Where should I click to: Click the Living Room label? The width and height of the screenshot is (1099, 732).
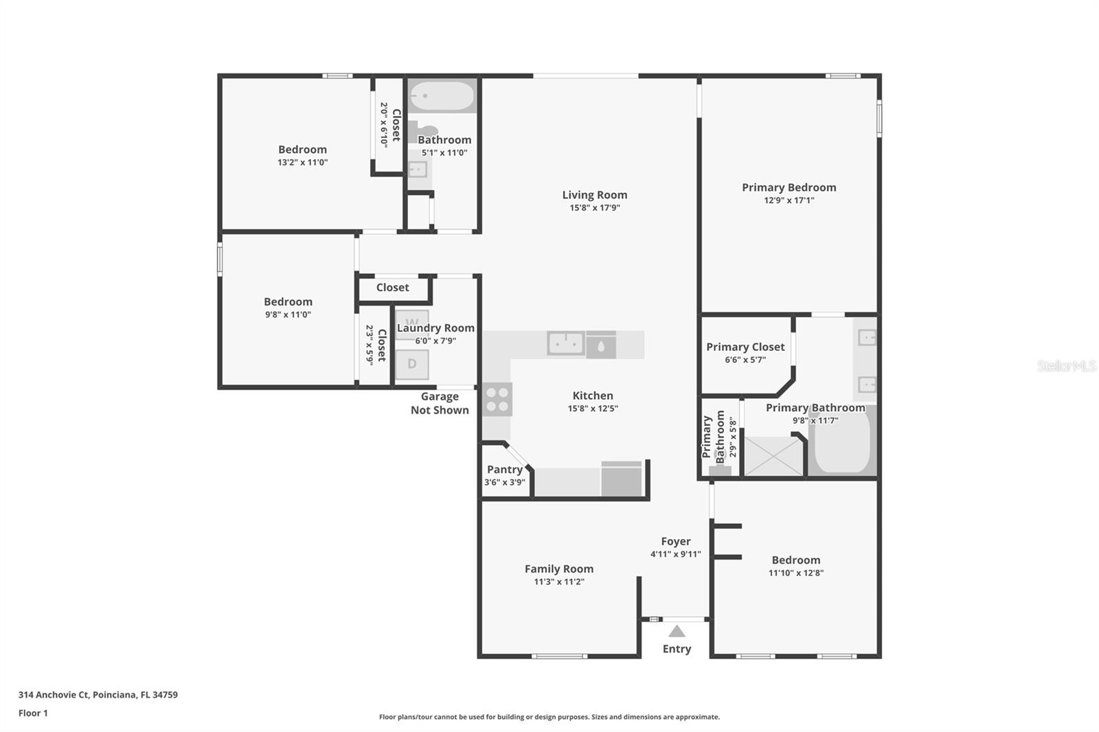point(594,195)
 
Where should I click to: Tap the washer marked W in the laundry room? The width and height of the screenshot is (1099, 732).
point(412,321)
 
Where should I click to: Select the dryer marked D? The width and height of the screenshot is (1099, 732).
point(412,364)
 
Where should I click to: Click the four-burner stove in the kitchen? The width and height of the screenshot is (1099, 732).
point(497,399)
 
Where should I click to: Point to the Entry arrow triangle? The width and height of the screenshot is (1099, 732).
point(677,631)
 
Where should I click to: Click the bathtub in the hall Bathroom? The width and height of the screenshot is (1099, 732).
point(442,97)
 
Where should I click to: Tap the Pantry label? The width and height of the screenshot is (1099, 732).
point(505,470)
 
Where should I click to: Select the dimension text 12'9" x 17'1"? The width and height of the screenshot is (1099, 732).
point(789,201)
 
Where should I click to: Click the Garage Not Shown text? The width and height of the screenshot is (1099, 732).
point(440,403)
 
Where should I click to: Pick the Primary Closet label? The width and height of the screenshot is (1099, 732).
point(745,347)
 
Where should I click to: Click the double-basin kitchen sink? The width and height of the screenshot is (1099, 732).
point(566,343)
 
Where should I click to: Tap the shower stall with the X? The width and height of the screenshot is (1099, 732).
point(773,456)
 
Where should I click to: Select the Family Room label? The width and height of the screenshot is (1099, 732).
point(559,569)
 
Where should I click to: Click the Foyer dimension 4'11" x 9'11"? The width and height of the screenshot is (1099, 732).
point(676,554)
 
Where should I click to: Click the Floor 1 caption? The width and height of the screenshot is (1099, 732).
point(33,713)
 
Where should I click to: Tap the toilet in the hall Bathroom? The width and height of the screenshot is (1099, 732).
point(424,130)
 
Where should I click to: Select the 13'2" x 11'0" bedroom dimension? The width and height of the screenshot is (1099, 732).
point(302,163)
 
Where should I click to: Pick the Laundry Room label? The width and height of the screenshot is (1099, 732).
point(435,328)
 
